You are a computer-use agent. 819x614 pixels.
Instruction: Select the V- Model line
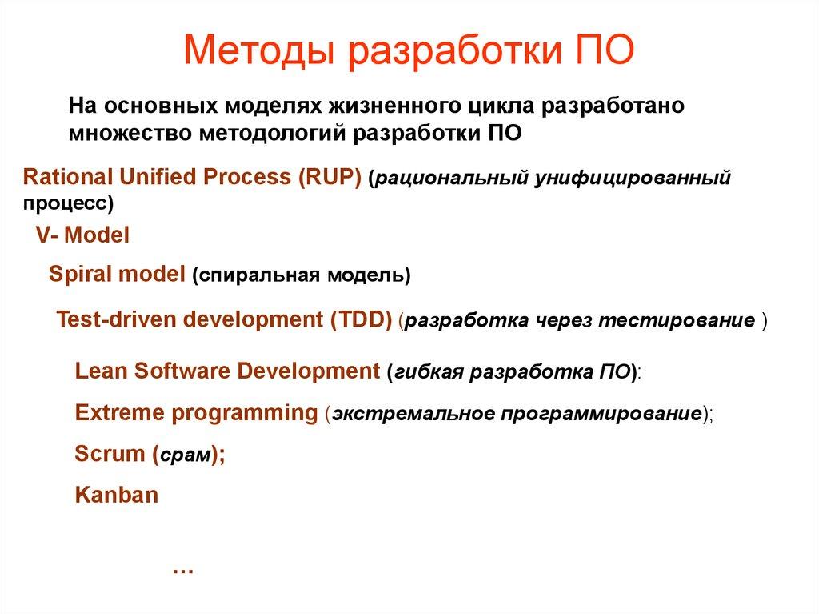tap(82, 235)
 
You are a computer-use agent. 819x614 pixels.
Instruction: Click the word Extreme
tap(118, 413)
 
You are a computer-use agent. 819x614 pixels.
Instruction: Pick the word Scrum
tap(109, 454)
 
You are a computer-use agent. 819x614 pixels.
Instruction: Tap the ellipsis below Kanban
tap(183, 569)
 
